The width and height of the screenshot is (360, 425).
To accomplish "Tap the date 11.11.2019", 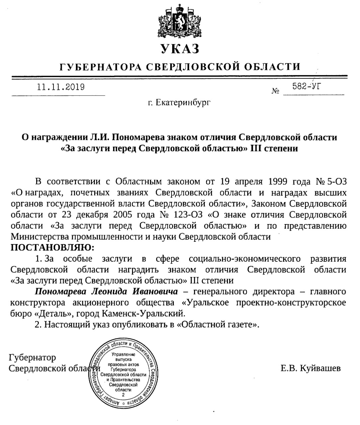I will click(x=61, y=87).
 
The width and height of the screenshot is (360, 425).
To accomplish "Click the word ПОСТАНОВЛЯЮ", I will click(x=52, y=247).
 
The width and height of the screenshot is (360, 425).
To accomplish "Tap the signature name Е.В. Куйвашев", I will click(x=310, y=368).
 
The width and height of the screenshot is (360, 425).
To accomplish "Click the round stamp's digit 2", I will click(x=123, y=395).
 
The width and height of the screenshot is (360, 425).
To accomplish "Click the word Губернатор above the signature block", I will click(x=33, y=358).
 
